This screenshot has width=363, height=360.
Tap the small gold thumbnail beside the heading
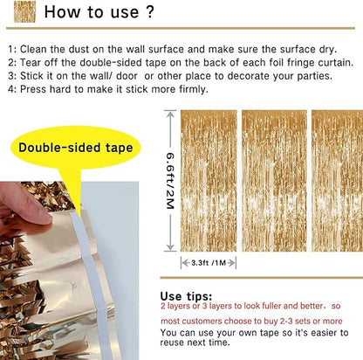coord(24,11)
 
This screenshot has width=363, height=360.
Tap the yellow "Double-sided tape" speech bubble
coord(76,148)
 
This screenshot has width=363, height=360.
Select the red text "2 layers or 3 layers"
coord(202,308)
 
